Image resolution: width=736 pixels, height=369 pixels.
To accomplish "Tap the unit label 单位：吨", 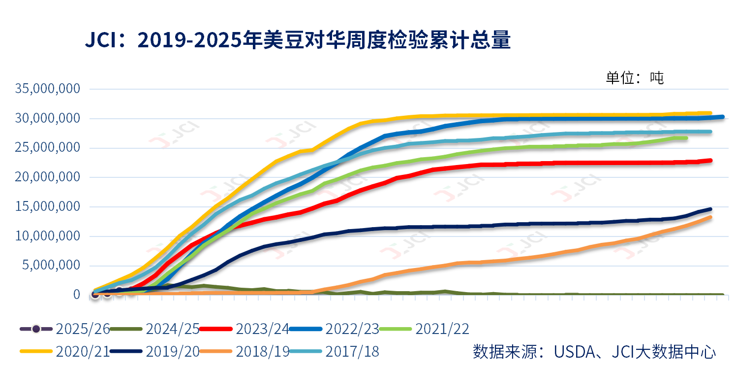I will tap(634, 77).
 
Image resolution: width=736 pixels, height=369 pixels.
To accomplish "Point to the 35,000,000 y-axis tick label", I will tap(48, 89).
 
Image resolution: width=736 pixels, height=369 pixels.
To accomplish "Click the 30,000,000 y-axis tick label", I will tap(48, 118).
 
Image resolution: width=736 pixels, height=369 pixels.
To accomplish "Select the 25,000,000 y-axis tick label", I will tap(48, 148).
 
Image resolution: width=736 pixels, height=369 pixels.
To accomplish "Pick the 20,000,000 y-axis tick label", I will tap(48, 177).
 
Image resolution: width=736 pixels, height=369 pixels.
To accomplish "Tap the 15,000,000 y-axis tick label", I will tap(48, 206).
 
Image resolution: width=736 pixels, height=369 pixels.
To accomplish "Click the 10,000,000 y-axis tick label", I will tap(48, 236).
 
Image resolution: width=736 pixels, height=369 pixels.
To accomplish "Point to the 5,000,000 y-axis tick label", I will tap(52, 265).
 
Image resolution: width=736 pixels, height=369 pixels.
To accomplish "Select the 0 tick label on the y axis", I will tap(76, 295).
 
